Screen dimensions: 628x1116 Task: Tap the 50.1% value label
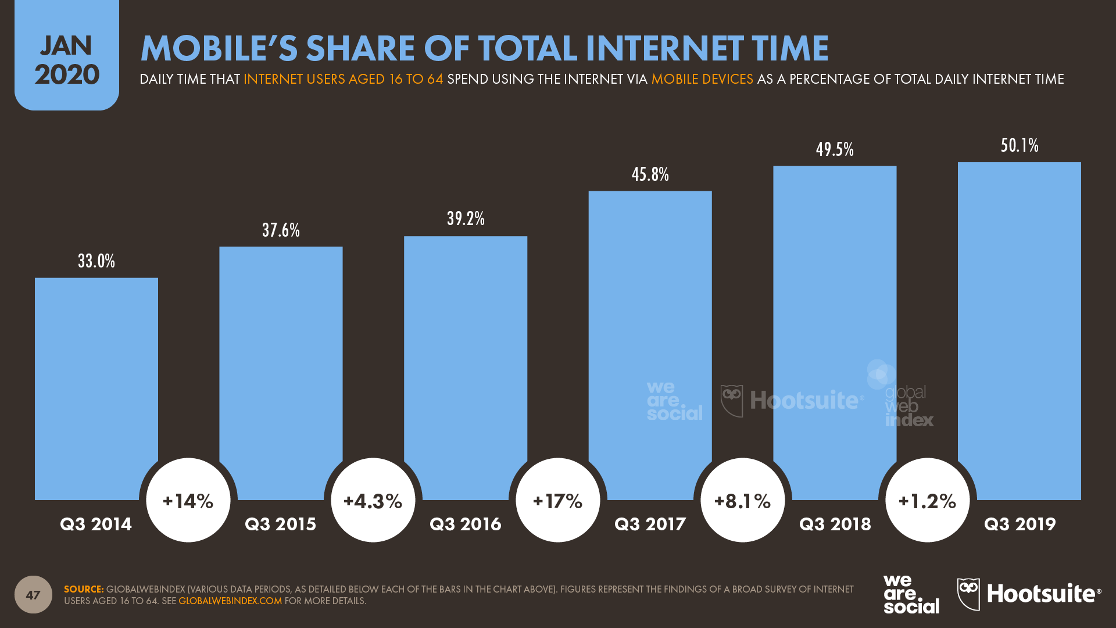point(1020,145)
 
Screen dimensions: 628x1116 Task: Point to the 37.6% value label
point(281,230)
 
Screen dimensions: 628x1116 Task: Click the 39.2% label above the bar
point(466,219)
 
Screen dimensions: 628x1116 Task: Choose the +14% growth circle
point(188,501)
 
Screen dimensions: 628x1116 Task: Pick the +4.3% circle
point(373,501)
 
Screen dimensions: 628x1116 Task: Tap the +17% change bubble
point(558,501)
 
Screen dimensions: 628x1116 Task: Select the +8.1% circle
point(743,501)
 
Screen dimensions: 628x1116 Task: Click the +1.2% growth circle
point(928,501)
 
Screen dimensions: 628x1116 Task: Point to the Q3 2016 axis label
point(465,524)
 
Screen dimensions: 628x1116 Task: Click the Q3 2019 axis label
point(1020,524)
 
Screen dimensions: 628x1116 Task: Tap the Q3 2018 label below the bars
point(835,524)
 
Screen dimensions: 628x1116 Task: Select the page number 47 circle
point(33,594)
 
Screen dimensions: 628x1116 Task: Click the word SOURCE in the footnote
point(83,590)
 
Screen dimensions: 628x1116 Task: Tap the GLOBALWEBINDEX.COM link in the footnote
point(230,601)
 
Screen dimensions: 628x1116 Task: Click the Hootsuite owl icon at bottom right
point(968,594)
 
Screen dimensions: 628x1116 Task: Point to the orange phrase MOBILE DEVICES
point(702,79)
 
